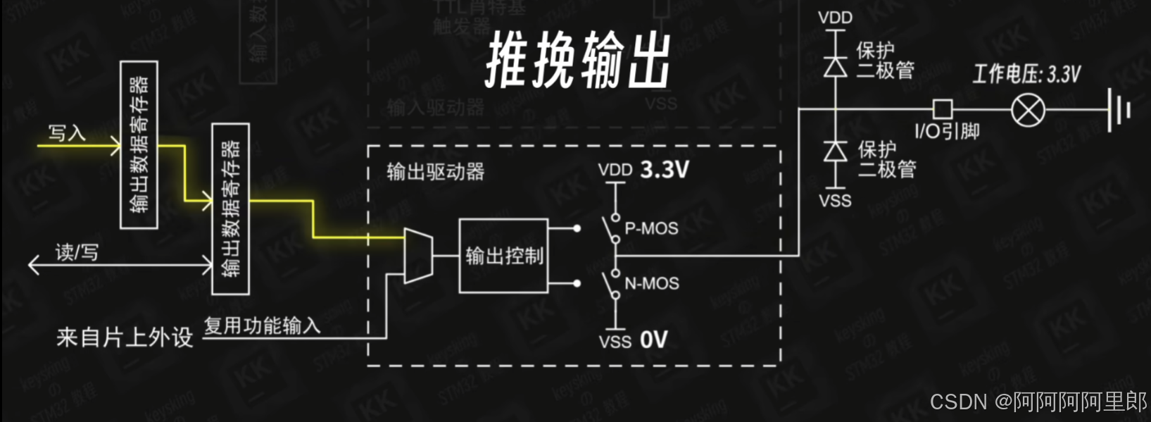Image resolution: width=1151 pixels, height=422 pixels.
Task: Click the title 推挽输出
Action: coord(577,60)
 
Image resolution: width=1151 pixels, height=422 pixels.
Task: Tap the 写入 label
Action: coord(67,132)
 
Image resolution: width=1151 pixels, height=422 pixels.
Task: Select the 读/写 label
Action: coord(77,252)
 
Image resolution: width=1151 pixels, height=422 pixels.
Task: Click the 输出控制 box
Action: coord(503,256)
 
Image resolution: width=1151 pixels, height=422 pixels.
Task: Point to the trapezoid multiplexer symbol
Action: coord(418,255)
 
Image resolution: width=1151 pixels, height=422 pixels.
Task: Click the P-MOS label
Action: coord(651,228)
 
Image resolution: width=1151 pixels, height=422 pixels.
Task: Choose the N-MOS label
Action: coord(652,283)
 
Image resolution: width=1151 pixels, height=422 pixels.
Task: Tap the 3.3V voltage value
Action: coord(665,170)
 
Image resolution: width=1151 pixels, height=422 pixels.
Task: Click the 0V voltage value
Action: coord(653,340)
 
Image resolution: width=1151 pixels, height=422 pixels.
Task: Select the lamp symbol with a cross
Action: coord(1028,110)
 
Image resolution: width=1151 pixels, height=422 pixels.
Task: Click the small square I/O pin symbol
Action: coord(943,109)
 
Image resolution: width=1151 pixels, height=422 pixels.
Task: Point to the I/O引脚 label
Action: coord(947,132)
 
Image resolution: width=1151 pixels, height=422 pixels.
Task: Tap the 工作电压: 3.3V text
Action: coord(1026,74)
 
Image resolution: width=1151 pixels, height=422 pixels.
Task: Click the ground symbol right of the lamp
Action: coord(1119,110)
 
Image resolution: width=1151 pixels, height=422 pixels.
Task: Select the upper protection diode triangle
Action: coord(836,66)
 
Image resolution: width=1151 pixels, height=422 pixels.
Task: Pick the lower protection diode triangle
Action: coord(836,151)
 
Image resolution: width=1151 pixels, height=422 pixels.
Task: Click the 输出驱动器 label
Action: coord(436,171)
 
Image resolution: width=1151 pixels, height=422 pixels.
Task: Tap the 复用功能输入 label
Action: coord(262,325)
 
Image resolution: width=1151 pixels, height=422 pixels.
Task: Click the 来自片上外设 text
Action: coord(125,337)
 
